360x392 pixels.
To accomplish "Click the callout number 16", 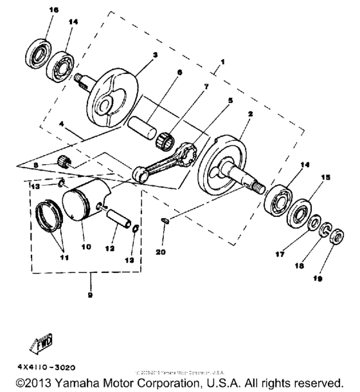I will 53,10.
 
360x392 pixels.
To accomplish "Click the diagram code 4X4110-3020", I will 40,368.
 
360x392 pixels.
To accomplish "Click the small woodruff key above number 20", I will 165,220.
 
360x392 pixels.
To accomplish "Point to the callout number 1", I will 223,63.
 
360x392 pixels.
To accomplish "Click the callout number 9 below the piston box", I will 91,295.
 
